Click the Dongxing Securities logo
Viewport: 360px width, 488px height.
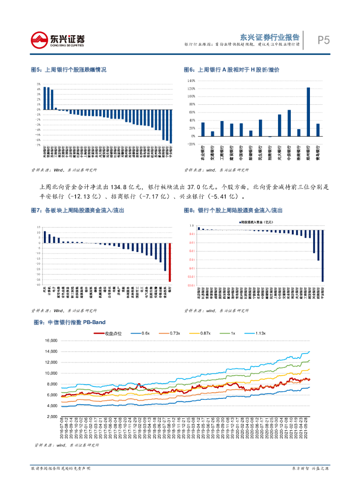click(57, 40)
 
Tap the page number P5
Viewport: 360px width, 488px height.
click(324, 41)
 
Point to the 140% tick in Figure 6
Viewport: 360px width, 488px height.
click(192, 81)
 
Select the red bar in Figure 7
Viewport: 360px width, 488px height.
click(169, 262)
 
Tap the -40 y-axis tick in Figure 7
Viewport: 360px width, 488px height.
click(38, 285)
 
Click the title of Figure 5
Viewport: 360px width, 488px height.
click(68, 70)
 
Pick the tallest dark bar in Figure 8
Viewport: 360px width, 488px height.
click(322, 255)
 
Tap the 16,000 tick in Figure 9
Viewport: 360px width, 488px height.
click(51, 341)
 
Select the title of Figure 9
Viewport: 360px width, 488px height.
click(71, 323)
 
